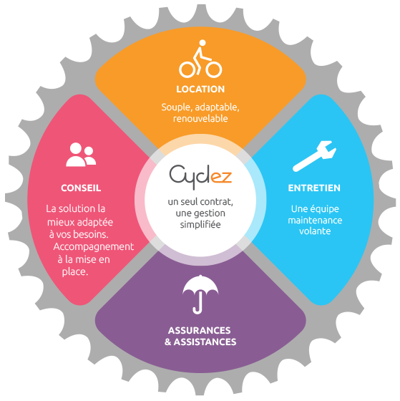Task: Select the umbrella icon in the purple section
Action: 200,294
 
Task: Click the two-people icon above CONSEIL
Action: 81,155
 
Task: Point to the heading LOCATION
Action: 200,90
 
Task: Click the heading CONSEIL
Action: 81,188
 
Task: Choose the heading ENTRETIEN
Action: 314,188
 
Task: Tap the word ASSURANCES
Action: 200,330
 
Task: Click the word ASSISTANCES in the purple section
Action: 205,342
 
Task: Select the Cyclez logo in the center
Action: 200,175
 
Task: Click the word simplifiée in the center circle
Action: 200,225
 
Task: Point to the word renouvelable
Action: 200,118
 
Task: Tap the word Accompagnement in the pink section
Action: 94,247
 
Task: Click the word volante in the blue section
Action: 315,231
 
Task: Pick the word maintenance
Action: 315,221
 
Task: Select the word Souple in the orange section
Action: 177,107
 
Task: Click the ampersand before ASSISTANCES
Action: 167,342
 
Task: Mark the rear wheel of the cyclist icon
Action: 187,69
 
